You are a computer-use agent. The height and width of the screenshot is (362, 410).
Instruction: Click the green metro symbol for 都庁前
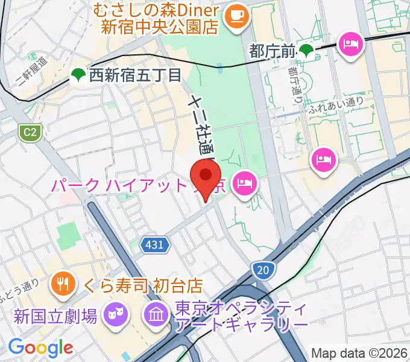click(x=307, y=51)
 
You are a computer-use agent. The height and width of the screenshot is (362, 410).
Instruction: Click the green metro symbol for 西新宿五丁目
click(x=78, y=75)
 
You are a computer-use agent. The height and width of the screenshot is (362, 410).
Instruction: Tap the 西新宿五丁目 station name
click(x=135, y=75)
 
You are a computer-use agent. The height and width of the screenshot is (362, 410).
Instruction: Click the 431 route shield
click(x=154, y=244)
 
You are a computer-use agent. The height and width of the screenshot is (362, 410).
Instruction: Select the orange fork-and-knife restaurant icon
click(x=62, y=281)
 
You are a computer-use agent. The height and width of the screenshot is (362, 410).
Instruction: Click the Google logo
click(x=40, y=348)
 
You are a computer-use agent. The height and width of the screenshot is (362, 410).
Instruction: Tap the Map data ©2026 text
click(x=359, y=352)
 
